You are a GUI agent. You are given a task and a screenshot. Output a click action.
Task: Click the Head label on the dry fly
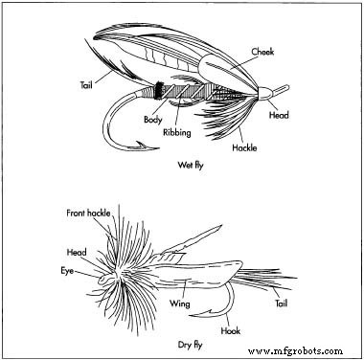tap(77, 252)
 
